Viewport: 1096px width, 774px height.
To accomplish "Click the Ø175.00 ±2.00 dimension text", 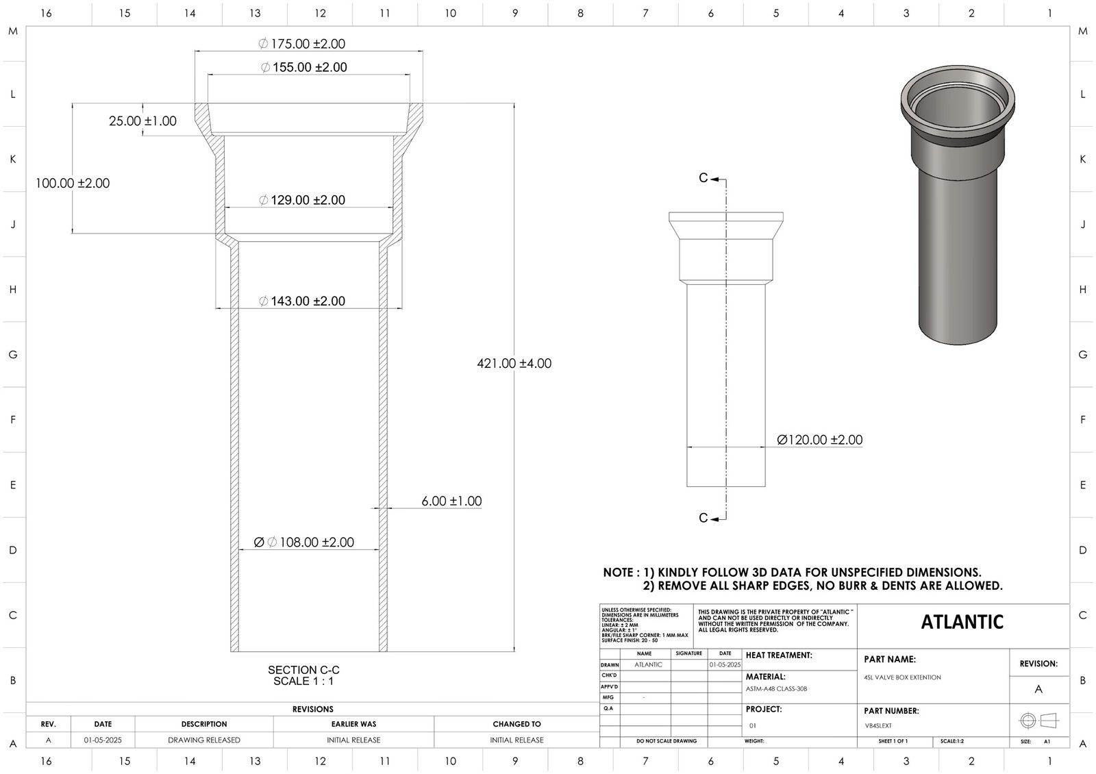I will pyautogui.click(x=301, y=44).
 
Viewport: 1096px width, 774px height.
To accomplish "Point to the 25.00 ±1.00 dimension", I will pyautogui.click(x=142, y=121).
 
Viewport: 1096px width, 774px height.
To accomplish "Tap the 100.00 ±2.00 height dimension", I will pyautogui.click(x=73, y=184).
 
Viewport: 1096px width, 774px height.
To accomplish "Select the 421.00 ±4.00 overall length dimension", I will pyautogui.click(x=514, y=364).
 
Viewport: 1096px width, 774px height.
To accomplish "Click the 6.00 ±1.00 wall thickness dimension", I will pyautogui.click(x=451, y=501).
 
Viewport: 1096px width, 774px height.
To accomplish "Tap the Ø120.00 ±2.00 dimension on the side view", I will pyautogui.click(x=819, y=440).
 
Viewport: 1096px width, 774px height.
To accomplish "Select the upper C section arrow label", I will pyautogui.click(x=703, y=178).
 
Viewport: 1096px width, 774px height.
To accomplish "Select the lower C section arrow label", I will pyautogui.click(x=703, y=518).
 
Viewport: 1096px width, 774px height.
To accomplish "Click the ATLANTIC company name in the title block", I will pyautogui.click(x=962, y=622).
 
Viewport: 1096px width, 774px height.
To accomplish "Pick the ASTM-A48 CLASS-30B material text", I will pyautogui.click(x=776, y=689).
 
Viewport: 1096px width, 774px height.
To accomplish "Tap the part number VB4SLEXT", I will pyautogui.click(x=879, y=725).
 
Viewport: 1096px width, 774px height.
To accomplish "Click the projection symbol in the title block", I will pyautogui.click(x=1038, y=721).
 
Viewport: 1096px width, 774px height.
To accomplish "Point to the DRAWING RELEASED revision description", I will pyautogui.click(x=204, y=740).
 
